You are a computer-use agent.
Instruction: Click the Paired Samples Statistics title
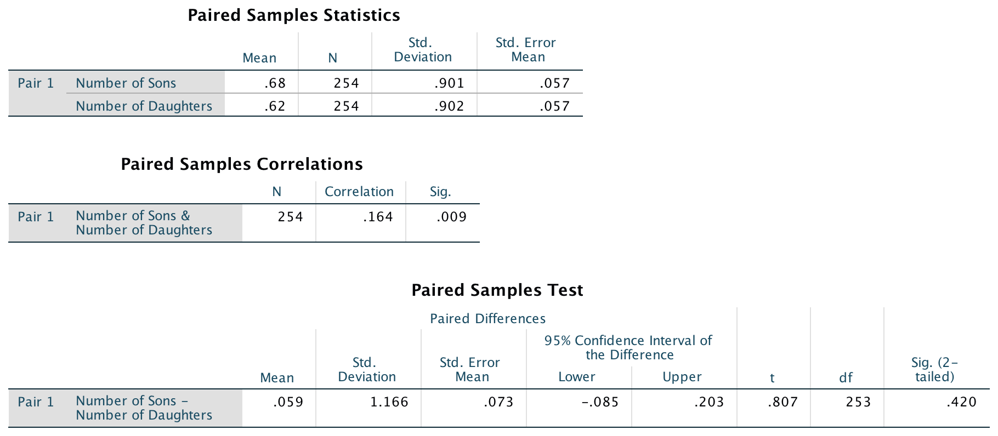click(x=294, y=15)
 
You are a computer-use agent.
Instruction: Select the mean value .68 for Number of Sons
click(x=275, y=83)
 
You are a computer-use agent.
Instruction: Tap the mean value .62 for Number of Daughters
click(x=275, y=106)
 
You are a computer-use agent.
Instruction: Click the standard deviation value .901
click(x=449, y=83)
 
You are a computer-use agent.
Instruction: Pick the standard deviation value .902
click(x=449, y=106)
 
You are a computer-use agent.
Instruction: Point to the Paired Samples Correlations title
click(x=242, y=164)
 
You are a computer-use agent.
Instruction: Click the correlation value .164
click(x=378, y=217)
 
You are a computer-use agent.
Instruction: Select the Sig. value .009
click(x=451, y=217)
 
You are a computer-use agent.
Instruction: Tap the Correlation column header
click(x=359, y=192)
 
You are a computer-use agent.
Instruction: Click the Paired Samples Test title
click(x=497, y=290)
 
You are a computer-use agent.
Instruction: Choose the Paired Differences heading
click(x=487, y=319)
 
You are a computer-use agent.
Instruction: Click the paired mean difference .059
click(x=288, y=402)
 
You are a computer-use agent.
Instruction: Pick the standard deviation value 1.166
click(x=389, y=402)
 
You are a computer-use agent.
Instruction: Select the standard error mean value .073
click(x=498, y=402)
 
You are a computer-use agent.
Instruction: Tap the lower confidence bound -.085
click(x=600, y=402)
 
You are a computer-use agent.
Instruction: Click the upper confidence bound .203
click(x=709, y=402)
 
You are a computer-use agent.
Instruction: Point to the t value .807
click(x=782, y=402)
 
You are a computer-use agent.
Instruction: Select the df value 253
click(x=858, y=402)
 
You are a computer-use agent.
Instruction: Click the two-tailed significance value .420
click(x=961, y=402)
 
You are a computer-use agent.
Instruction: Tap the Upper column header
click(x=682, y=377)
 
